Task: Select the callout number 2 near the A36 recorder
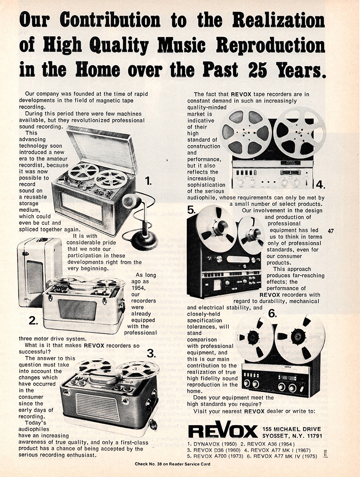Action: (32, 321)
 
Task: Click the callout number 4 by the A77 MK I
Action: (320, 184)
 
